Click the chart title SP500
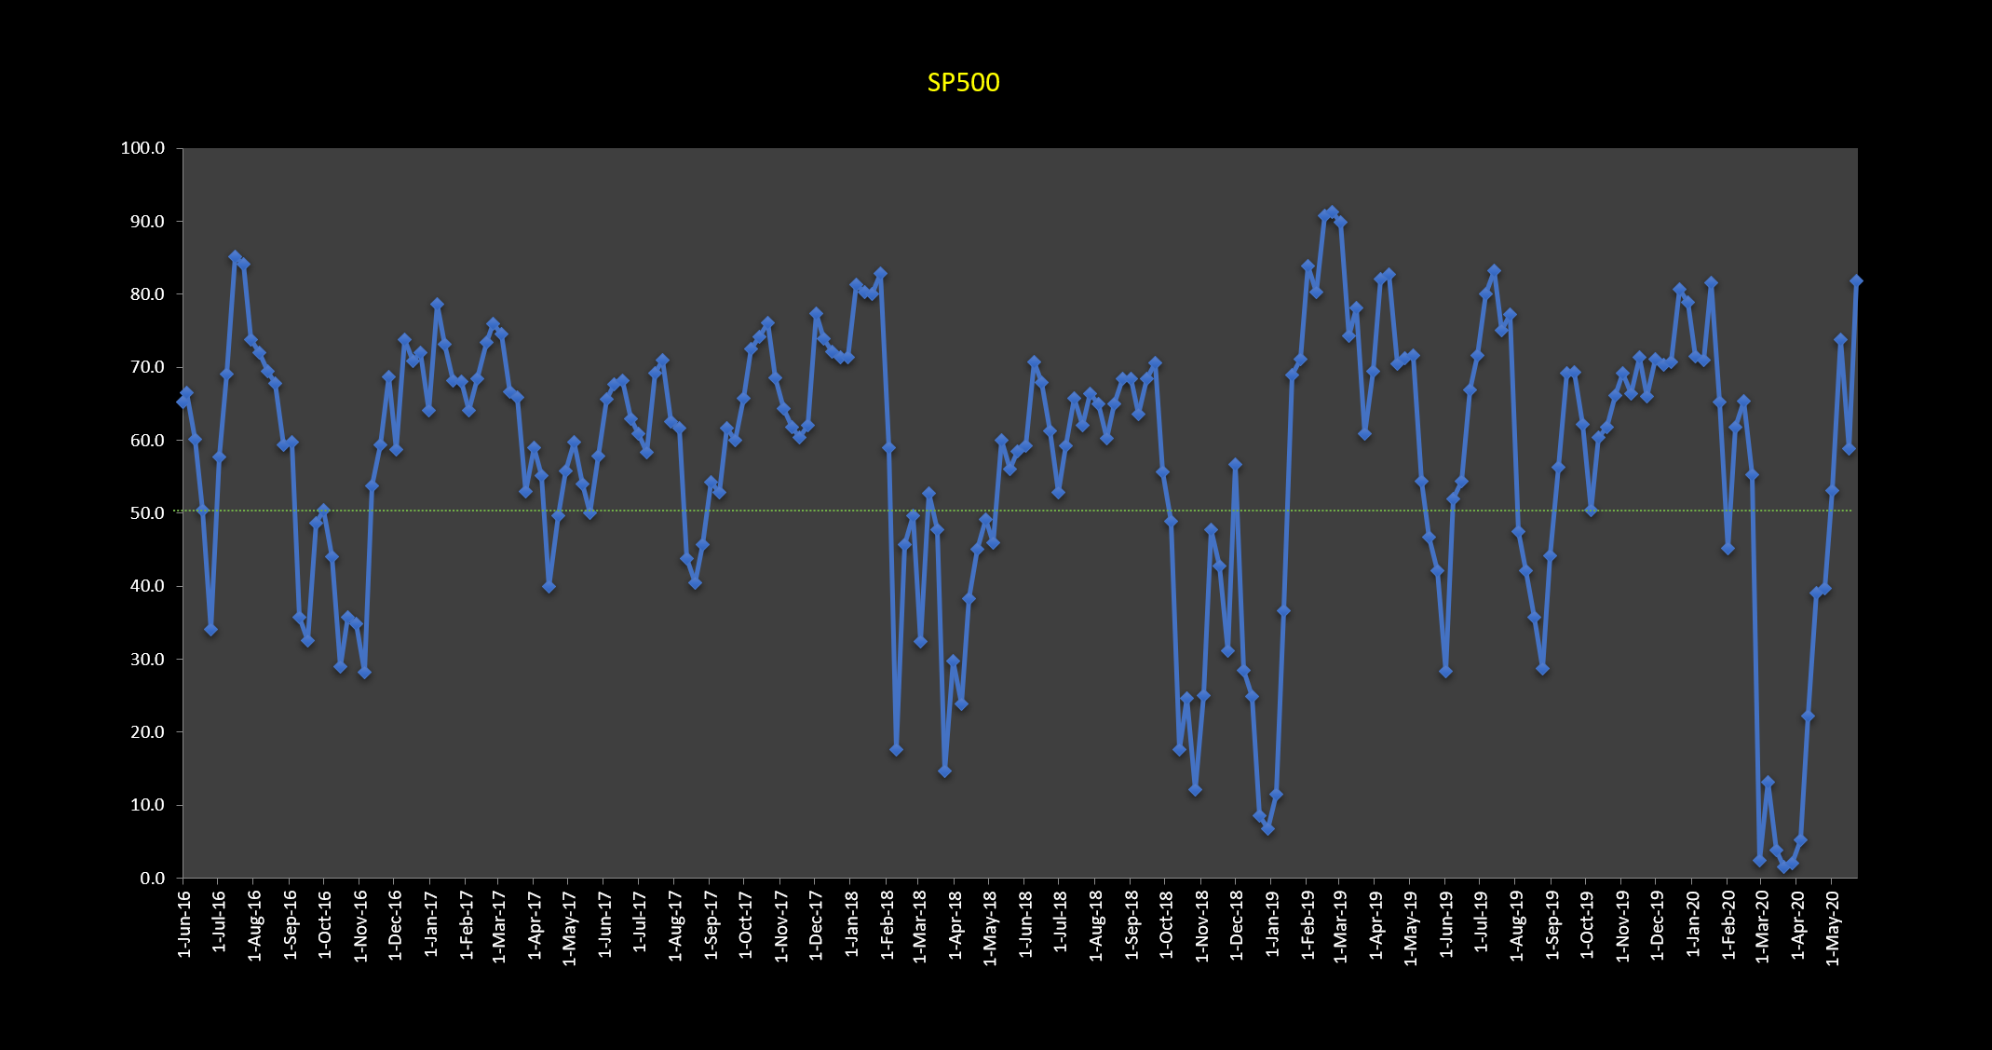pyautogui.click(x=963, y=83)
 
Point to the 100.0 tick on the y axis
pyautogui.click(x=142, y=148)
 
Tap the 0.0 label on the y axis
pyautogui.click(x=150, y=879)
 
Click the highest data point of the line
pyautogui.click(x=1332, y=212)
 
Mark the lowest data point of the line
pyautogui.click(x=1783, y=866)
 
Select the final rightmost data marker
pyautogui.click(x=1856, y=280)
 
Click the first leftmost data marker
pyautogui.click(x=183, y=402)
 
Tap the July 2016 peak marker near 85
pyautogui.click(x=235, y=256)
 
